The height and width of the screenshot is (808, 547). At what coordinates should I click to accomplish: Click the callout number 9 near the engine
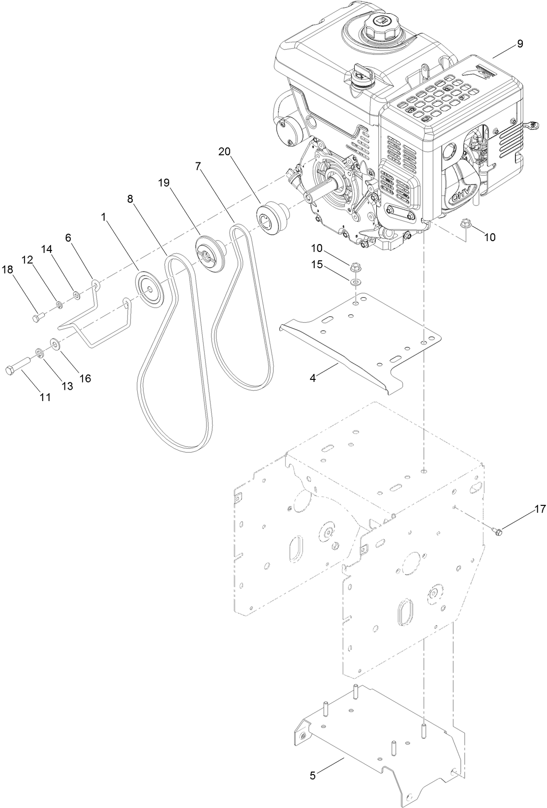pos(520,44)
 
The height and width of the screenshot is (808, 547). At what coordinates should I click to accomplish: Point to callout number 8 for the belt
pos(130,199)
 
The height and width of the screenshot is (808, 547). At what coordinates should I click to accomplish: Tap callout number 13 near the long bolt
pos(67,386)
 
